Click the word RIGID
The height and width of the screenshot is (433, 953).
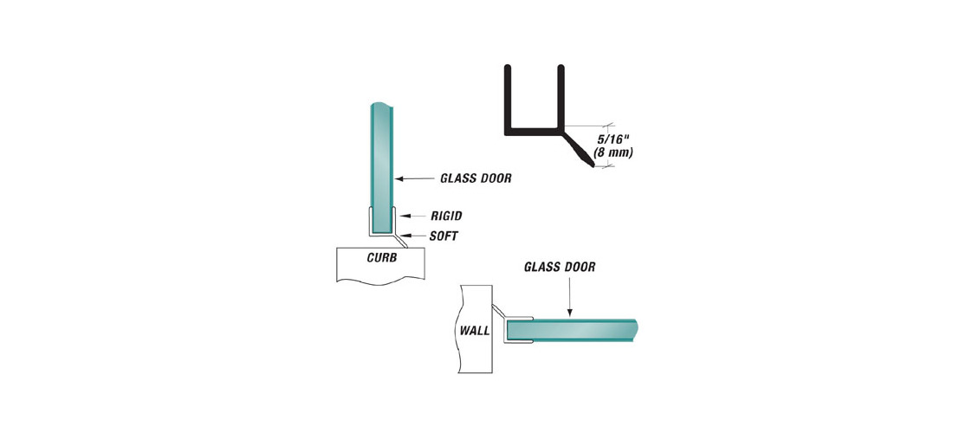[x=447, y=215]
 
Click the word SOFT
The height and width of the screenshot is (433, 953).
[x=444, y=236]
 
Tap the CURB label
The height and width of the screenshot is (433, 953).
[x=382, y=257]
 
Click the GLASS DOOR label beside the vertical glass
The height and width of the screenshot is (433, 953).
[x=476, y=178]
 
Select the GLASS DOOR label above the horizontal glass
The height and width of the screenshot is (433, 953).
[x=560, y=267]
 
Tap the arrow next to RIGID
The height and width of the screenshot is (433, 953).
[x=413, y=216]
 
